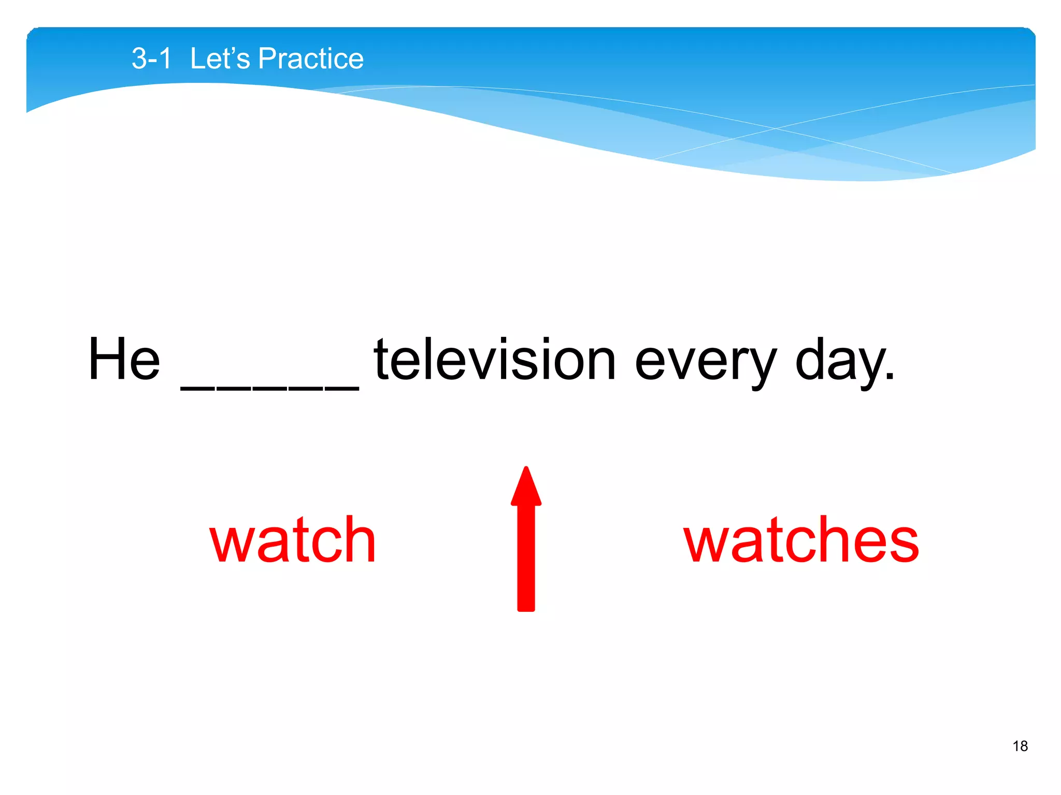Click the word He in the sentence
click(x=124, y=359)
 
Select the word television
click(x=495, y=359)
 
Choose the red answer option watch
click(x=293, y=541)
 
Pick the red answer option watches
click(x=801, y=541)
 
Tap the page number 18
click(x=1020, y=746)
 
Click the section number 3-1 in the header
click(x=151, y=58)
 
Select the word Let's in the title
click(x=220, y=58)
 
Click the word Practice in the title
click(x=311, y=58)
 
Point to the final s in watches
click(x=904, y=543)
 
